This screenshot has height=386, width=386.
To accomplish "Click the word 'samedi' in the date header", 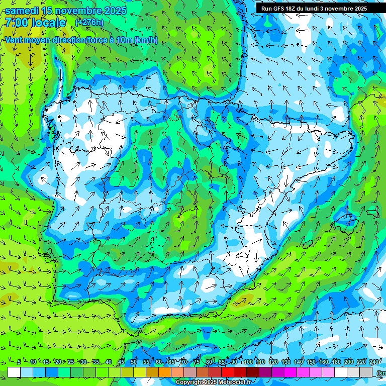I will click(22, 11).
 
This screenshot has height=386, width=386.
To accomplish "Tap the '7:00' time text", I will click(17, 23).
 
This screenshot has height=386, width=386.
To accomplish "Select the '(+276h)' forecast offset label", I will click(89, 23).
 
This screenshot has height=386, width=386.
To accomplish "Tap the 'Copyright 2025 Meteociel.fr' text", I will click(213, 382).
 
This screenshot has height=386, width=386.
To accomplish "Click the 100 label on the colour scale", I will click(248, 362).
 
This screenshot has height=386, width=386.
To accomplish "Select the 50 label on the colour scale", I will click(134, 362).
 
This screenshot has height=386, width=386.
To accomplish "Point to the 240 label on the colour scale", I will click(374, 362).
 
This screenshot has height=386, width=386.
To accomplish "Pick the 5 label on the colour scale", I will click(19, 362).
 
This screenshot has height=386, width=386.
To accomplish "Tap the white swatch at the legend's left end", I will click(14, 372).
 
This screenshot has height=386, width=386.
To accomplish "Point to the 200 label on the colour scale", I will click(349, 362).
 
